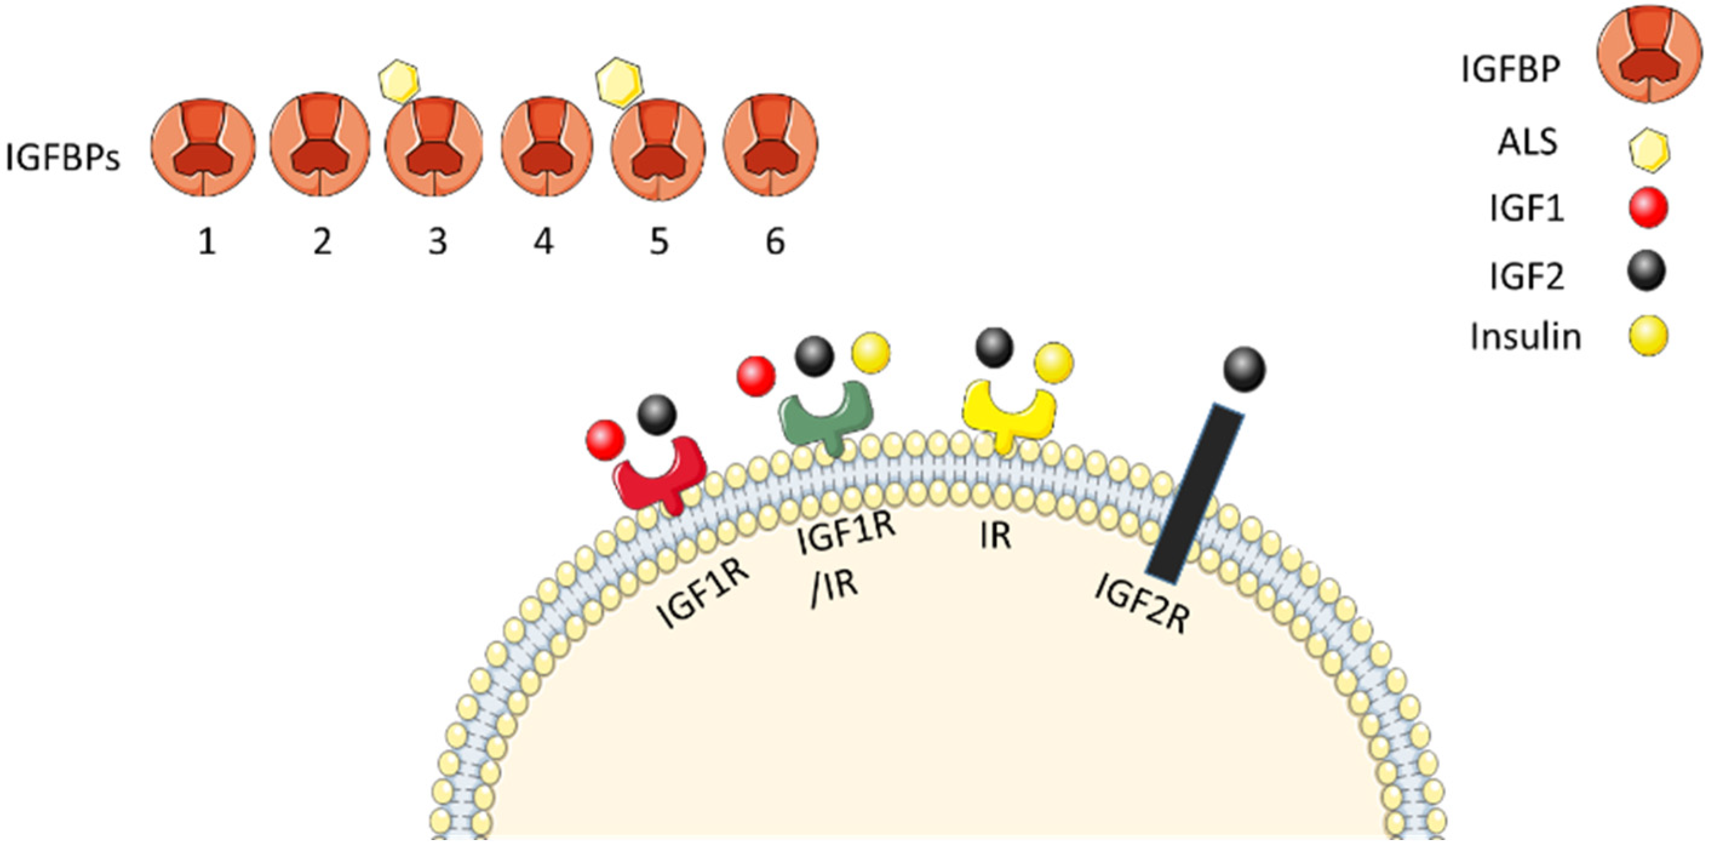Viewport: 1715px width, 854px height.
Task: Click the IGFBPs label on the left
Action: (62, 159)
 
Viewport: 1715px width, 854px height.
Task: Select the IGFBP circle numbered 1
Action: (203, 147)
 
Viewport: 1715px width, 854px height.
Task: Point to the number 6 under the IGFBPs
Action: (775, 241)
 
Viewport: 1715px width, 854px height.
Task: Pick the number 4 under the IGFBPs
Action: (544, 241)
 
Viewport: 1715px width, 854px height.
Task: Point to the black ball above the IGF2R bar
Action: (1244, 369)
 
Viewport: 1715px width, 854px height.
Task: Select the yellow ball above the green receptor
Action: (871, 351)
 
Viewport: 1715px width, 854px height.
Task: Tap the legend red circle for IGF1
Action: (1648, 208)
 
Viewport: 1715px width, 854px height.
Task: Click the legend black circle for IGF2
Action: (1646, 272)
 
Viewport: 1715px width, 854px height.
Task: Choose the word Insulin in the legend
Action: (1525, 337)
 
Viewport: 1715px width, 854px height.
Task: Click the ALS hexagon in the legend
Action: (1649, 151)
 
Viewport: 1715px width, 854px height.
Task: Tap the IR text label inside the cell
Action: (996, 536)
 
